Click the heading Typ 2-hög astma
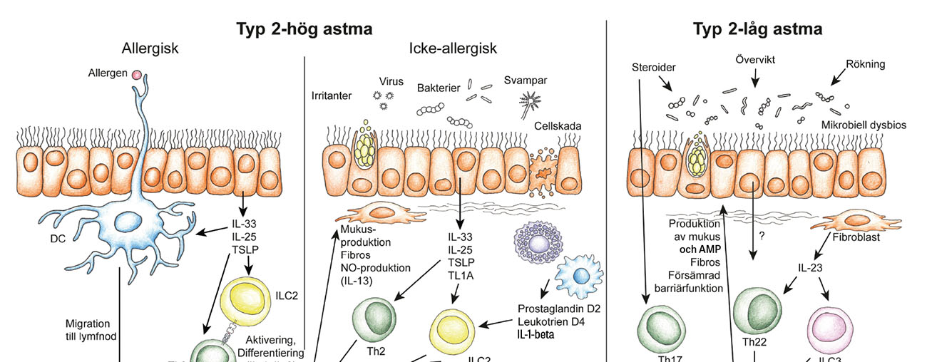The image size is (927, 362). pyautogui.click(x=304, y=29)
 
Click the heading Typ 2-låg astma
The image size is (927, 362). pyautogui.click(x=757, y=29)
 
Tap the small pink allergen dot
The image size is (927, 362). pyautogui.click(x=135, y=73)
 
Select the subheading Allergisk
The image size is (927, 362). pyautogui.click(x=150, y=49)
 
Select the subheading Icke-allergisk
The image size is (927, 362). pyautogui.click(x=453, y=49)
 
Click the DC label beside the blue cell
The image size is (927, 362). pyautogui.click(x=58, y=239)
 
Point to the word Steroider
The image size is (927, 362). pyautogui.click(x=653, y=68)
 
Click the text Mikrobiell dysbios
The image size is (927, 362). pyautogui.click(x=863, y=125)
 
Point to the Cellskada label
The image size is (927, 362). pyautogui.click(x=558, y=126)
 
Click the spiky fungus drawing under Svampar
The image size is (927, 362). pyautogui.click(x=531, y=98)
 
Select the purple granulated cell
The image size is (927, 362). pyautogui.click(x=539, y=242)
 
